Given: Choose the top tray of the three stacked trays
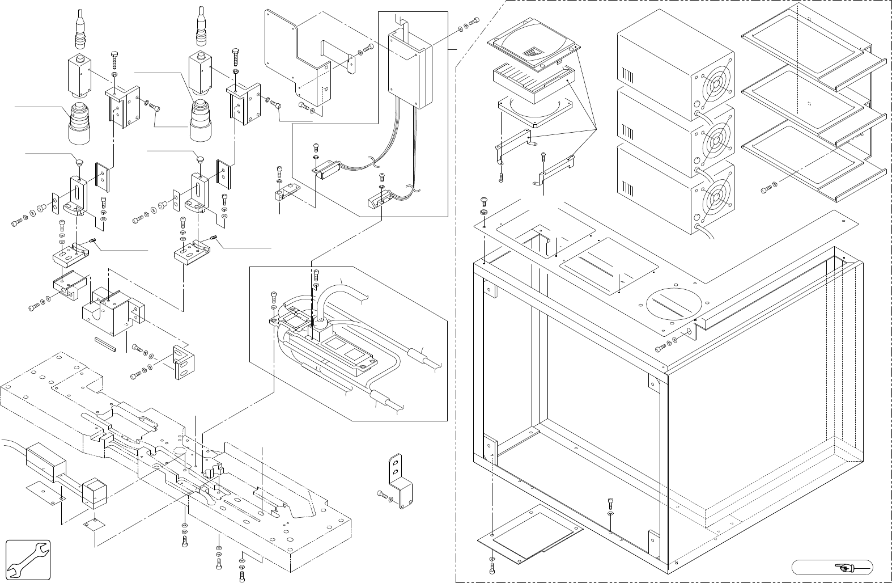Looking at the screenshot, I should (805, 43).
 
